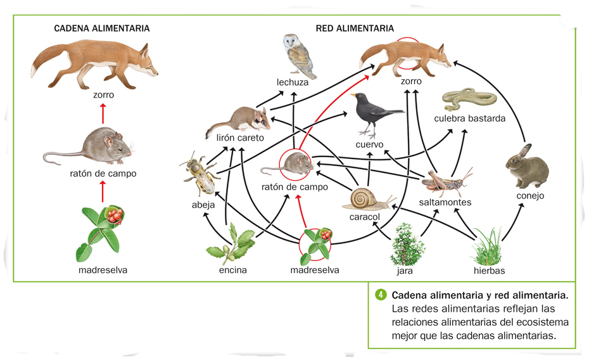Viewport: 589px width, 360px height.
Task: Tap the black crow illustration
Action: point(374,113)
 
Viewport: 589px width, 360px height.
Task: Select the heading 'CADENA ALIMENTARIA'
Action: point(102,29)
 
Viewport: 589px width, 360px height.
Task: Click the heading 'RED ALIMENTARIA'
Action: point(355,29)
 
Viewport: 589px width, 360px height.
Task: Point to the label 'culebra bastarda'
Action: point(470,119)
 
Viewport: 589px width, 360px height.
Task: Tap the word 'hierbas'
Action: point(490,270)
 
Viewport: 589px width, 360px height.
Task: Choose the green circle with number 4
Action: point(381,295)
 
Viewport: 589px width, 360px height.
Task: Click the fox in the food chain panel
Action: point(95,63)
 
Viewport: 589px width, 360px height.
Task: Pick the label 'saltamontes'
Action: point(445,202)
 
